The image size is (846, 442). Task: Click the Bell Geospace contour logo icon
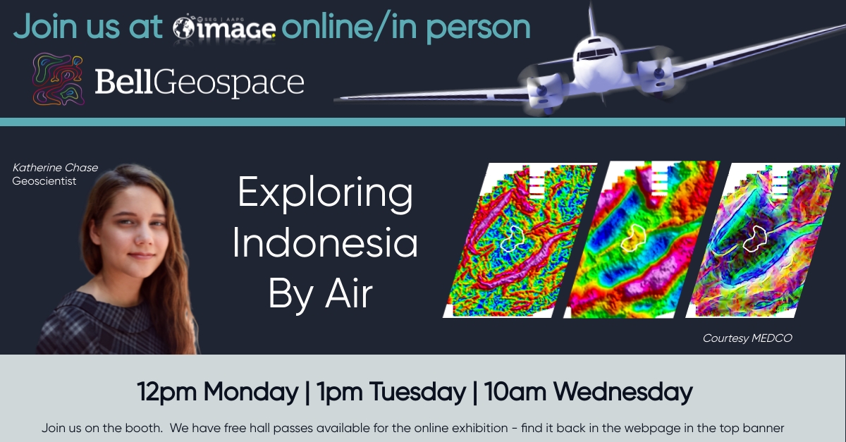(x=58, y=78)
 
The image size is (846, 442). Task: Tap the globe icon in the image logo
(x=183, y=28)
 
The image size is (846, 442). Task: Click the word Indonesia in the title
(x=325, y=243)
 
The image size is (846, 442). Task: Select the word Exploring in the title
(x=325, y=193)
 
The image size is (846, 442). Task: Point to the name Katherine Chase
(x=55, y=167)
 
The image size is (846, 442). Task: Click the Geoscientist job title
(x=44, y=181)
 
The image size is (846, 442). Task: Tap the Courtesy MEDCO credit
(x=747, y=338)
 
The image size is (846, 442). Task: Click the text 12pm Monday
(x=218, y=392)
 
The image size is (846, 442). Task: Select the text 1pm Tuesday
(x=391, y=392)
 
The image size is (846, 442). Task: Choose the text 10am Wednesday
(x=589, y=392)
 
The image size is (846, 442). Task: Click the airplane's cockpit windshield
(x=596, y=54)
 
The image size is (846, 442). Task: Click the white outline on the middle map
(x=633, y=238)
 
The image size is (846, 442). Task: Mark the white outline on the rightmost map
(x=755, y=238)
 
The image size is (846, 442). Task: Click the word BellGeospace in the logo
(x=200, y=82)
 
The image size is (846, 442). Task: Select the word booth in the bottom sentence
(x=144, y=428)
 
